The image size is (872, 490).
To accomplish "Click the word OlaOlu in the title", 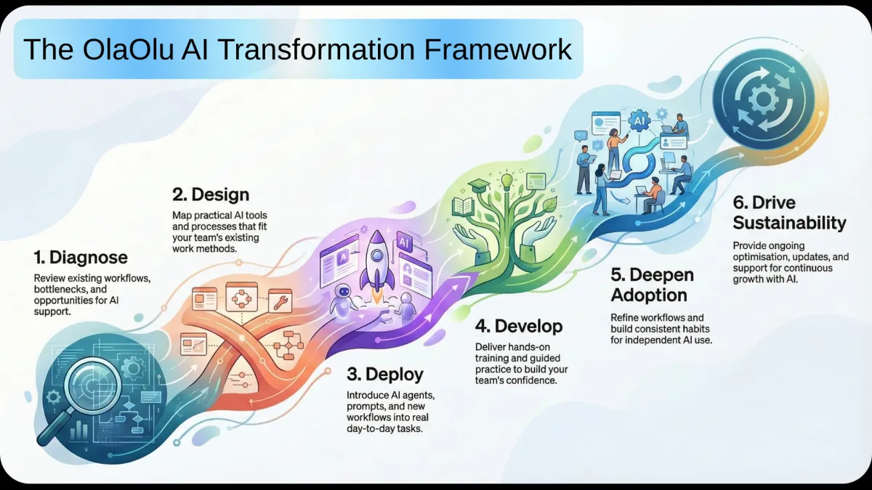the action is (128, 49).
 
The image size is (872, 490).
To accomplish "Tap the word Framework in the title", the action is (498, 49).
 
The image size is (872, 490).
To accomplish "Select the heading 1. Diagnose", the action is (81, 258).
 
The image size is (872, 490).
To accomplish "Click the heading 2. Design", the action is (211, 195).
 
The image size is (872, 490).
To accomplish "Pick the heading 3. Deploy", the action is (385, 374).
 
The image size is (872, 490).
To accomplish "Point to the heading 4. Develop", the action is (519, 326).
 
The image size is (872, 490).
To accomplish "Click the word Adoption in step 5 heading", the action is (649, 295).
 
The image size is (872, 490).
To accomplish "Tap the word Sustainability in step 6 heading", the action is (789, 223).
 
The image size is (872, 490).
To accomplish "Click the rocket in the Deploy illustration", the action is (376, 264).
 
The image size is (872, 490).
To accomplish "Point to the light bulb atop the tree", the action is (506, 181).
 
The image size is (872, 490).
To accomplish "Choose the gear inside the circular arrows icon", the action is (764, 99).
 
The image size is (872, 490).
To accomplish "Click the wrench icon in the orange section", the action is (280, 301).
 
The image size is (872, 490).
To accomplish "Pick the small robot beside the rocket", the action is (342, 301).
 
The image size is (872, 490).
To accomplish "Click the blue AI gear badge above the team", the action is (639, 121).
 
